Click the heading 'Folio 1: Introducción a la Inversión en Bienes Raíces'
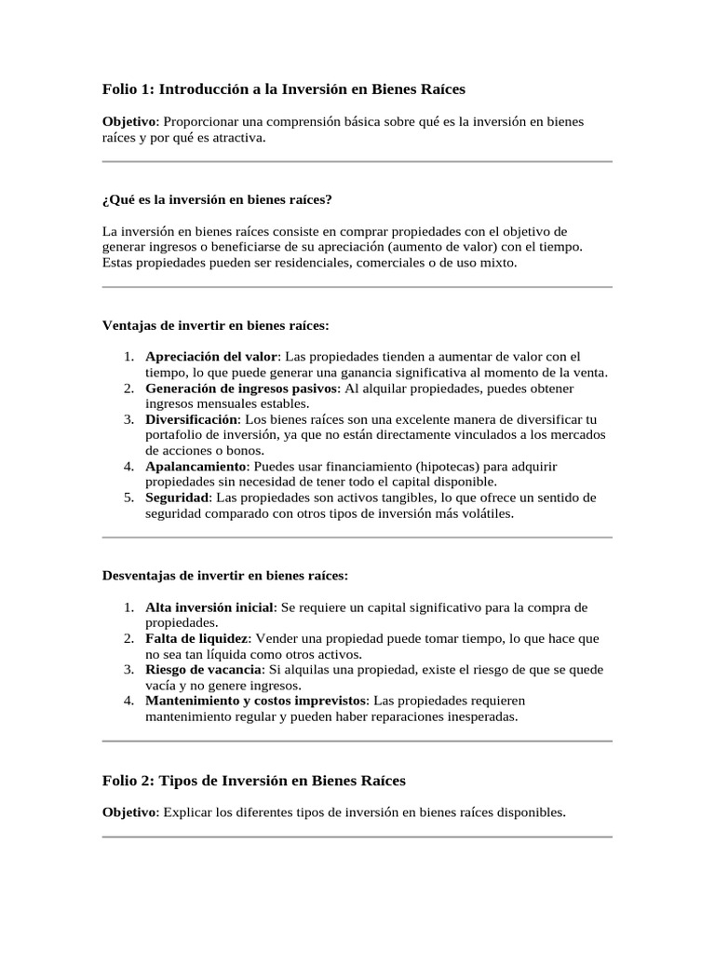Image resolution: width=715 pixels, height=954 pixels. tap(283, 89)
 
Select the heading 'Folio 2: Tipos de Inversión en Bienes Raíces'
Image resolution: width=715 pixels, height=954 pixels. tap(253, 780)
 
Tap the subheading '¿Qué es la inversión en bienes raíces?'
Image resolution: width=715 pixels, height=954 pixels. tap(217, 199)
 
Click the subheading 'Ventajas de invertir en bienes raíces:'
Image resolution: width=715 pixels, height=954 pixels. tap(215, 325)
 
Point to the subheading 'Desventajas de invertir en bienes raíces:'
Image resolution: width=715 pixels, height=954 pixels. tap(224, 576)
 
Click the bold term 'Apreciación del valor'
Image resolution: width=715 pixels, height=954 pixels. tap(211, 357)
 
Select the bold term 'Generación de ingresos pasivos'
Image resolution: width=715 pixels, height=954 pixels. tap(243, 388)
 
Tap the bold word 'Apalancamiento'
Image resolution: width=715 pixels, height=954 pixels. tap(196, 466)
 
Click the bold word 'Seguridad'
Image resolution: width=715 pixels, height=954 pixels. tap(176, 497)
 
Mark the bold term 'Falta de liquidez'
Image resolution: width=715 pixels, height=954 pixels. tap(196, 639)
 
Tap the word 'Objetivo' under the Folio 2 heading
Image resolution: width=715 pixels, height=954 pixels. tap(129, 812)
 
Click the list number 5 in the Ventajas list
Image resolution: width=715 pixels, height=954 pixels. tap(128, 497)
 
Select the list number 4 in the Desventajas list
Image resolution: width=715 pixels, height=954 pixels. tap(128, 701)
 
